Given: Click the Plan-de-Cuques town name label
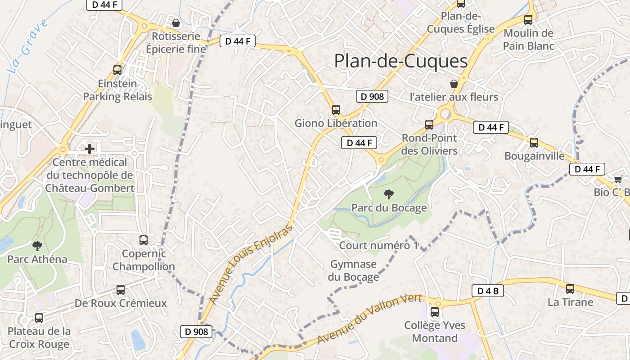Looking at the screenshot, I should click(401, 61).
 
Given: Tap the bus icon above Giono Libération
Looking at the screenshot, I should click(336, 109).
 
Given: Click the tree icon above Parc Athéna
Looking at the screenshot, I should click(37, 246).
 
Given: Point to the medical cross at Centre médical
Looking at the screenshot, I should click(89, 148).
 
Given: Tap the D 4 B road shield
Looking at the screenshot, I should click(487, 291).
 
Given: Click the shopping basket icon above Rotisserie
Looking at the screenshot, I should click(176, 22).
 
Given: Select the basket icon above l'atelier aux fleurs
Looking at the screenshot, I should click(454, 84).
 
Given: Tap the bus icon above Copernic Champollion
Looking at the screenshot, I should click(144, 240).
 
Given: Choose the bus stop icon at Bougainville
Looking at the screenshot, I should click(534, 143).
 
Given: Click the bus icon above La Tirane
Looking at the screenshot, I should click(570, 289).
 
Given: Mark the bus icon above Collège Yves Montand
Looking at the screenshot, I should click(435, 311).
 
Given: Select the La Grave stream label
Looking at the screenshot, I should click(28, 46).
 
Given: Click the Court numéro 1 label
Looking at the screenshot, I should click(378, 245).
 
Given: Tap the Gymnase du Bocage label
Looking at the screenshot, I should click(353, 270).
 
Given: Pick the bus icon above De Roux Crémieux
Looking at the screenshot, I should click(120, 290).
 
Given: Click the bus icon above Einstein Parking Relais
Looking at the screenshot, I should click(117, 70).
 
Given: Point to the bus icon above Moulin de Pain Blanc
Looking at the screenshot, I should click(528, 20).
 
